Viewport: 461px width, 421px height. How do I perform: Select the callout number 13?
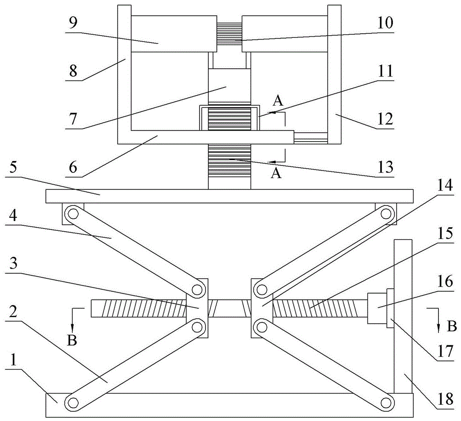(384, 166)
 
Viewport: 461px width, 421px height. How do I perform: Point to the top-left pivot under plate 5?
(72, 214)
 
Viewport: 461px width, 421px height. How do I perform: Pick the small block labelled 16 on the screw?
(376, 308)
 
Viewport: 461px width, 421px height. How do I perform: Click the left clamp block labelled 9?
(174, 34)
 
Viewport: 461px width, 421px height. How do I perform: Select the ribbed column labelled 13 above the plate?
(229, 166)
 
